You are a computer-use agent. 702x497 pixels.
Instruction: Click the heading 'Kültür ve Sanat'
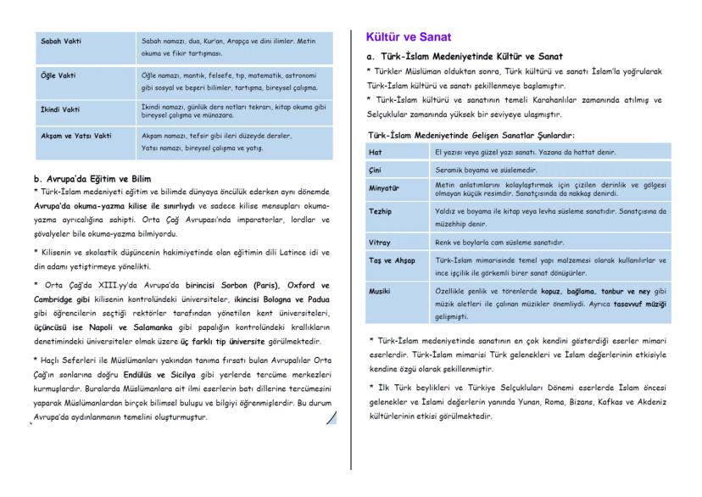point(409,37)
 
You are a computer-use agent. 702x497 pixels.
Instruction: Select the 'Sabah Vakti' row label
point(62,40)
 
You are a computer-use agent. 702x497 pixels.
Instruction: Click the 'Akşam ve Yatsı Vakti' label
point(77,136)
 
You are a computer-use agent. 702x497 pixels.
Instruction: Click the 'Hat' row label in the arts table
point(376,152)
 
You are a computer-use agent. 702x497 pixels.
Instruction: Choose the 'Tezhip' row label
point(381,211)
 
